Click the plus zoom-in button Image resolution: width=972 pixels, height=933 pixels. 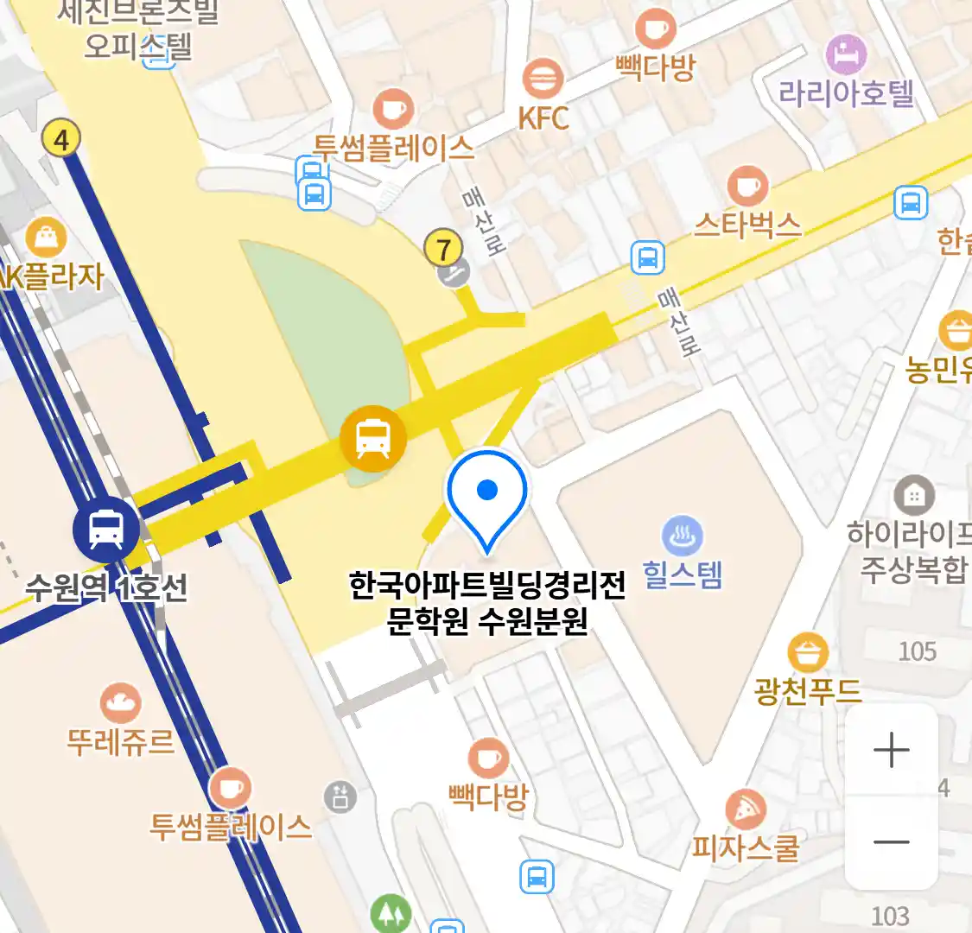click(x=891, y=750)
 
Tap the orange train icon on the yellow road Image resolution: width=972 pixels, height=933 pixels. click(x=372, y=439)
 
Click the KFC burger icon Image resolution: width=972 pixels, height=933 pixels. click(x=543, y=79)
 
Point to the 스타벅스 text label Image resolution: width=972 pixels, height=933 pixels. click(x=747, y=225)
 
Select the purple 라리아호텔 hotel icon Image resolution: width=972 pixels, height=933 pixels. click(x=846, y=54)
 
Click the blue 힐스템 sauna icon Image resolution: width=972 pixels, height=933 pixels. click(x=682, y=536)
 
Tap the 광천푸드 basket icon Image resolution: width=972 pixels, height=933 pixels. click(x=808, y=653)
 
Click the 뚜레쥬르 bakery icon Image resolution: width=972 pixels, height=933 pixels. click(x=121, y=703)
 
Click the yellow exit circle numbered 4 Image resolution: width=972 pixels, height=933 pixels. click(x=60, y=138)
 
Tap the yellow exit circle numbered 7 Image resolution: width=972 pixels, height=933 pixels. click(x=443, y=249)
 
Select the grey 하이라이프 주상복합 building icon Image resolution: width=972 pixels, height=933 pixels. click(x=913, y=495)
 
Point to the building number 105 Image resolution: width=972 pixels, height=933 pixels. click(x=917, y=651)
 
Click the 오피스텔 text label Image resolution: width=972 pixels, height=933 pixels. click(x=138, y=45)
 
